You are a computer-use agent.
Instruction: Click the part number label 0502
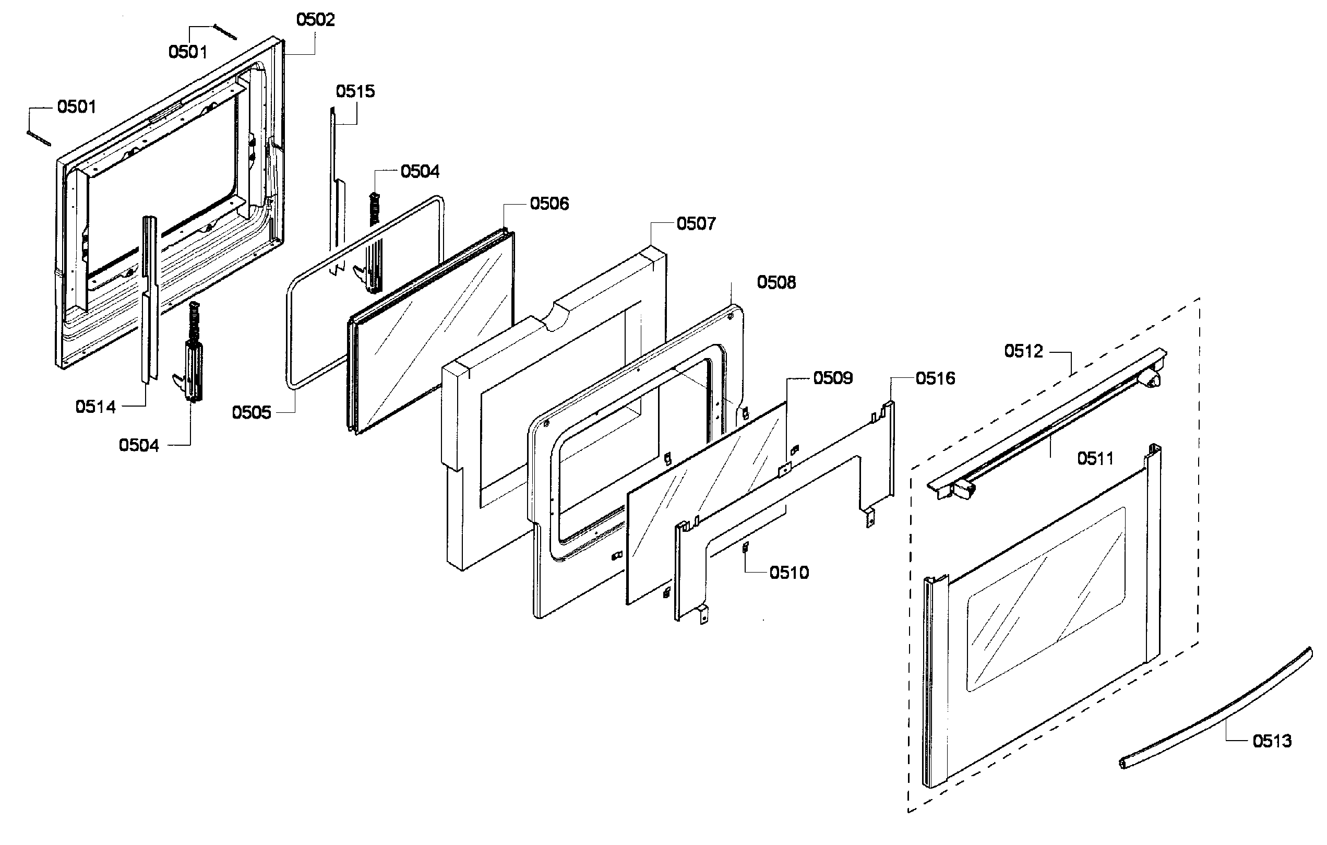click(x=315, y=20)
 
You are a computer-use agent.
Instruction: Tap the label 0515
click(x=355, y=91)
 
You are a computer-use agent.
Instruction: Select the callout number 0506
click(x=549, y=204)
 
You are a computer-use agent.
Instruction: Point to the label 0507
click(x=696, y=223)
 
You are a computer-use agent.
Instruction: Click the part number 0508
click(x=776, y=282)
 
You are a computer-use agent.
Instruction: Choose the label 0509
click(x=833, y=377)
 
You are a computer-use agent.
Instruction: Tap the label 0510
click(x=789, y=573)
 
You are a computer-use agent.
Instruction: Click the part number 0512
click(x=1023, y=351)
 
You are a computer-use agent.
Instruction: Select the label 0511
click(x=1095, y=458)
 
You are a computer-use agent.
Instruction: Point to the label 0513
click(x=1272, y=741)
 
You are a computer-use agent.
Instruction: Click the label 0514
click(x=95, y=407)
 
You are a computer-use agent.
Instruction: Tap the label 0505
click(x=252, y=412)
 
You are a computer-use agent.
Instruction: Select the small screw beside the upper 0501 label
click(x=224, y=32)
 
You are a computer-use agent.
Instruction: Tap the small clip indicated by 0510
click(x=746, y=547)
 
